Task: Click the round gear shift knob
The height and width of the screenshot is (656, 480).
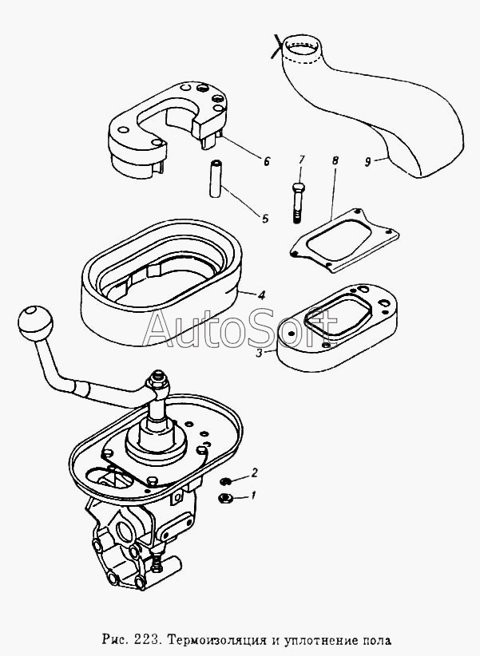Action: click(x=35, y=323)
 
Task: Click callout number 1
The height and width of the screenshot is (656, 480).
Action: click(x=253, y=496)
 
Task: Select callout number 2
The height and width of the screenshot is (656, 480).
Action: click(x=254, y=472)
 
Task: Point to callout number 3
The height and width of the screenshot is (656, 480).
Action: click(x=260, y=353)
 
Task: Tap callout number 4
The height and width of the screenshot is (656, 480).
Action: click(x=261, y=295)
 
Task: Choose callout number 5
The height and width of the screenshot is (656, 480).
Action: click(x=265, y=219)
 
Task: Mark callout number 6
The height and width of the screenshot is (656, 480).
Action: click(x=267, y=161)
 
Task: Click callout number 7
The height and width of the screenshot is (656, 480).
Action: click(x=302, y=160)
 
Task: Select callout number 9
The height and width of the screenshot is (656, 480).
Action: click(x=367, y=161)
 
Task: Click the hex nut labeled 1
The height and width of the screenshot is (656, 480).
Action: click(x=226, y=497)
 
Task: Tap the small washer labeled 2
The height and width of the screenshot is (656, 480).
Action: click(x=226, y=481)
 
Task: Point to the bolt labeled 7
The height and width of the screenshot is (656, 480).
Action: click(x=296, y=203)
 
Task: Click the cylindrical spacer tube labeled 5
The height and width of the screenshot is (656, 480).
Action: click(x=216, y=178)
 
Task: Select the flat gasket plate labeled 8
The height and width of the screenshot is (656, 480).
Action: click(x=344, y=240)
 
